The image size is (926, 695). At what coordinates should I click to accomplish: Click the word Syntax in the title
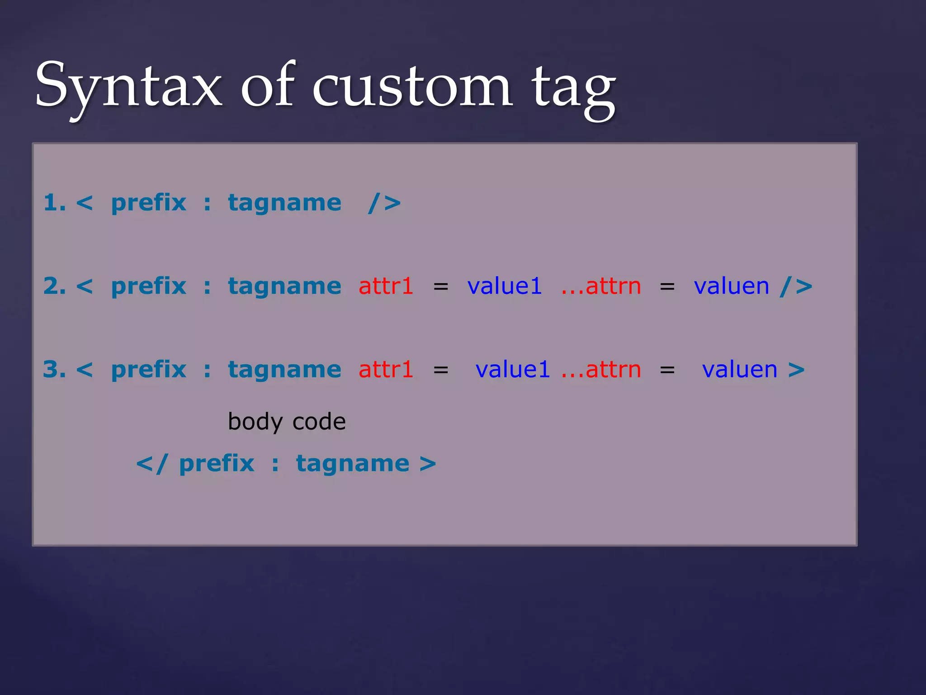128,86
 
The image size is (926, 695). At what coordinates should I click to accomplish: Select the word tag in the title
573,88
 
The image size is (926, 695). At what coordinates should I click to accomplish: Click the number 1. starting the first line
54,203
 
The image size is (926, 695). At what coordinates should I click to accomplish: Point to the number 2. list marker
54,286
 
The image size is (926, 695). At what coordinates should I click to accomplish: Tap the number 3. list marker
54,369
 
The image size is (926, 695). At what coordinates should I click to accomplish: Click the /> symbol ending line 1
384,203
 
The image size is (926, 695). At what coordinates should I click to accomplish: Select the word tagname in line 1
284,203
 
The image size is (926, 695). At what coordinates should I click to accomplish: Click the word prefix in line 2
148,286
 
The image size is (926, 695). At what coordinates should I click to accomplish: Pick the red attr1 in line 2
386,286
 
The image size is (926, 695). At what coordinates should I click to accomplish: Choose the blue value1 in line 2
504,286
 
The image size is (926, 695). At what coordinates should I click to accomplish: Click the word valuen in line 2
731,286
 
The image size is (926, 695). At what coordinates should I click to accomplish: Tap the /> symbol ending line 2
796,286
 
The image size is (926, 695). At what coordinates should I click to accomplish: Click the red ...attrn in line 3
601,369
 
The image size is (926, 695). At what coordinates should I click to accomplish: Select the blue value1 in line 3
512,369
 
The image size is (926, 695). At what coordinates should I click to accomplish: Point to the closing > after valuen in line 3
796,370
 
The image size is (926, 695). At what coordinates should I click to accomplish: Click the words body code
287,422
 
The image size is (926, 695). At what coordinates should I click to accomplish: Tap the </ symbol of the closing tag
152,464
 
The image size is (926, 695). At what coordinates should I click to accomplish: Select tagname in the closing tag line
353,464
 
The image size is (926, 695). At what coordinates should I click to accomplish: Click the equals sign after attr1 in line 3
441,370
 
